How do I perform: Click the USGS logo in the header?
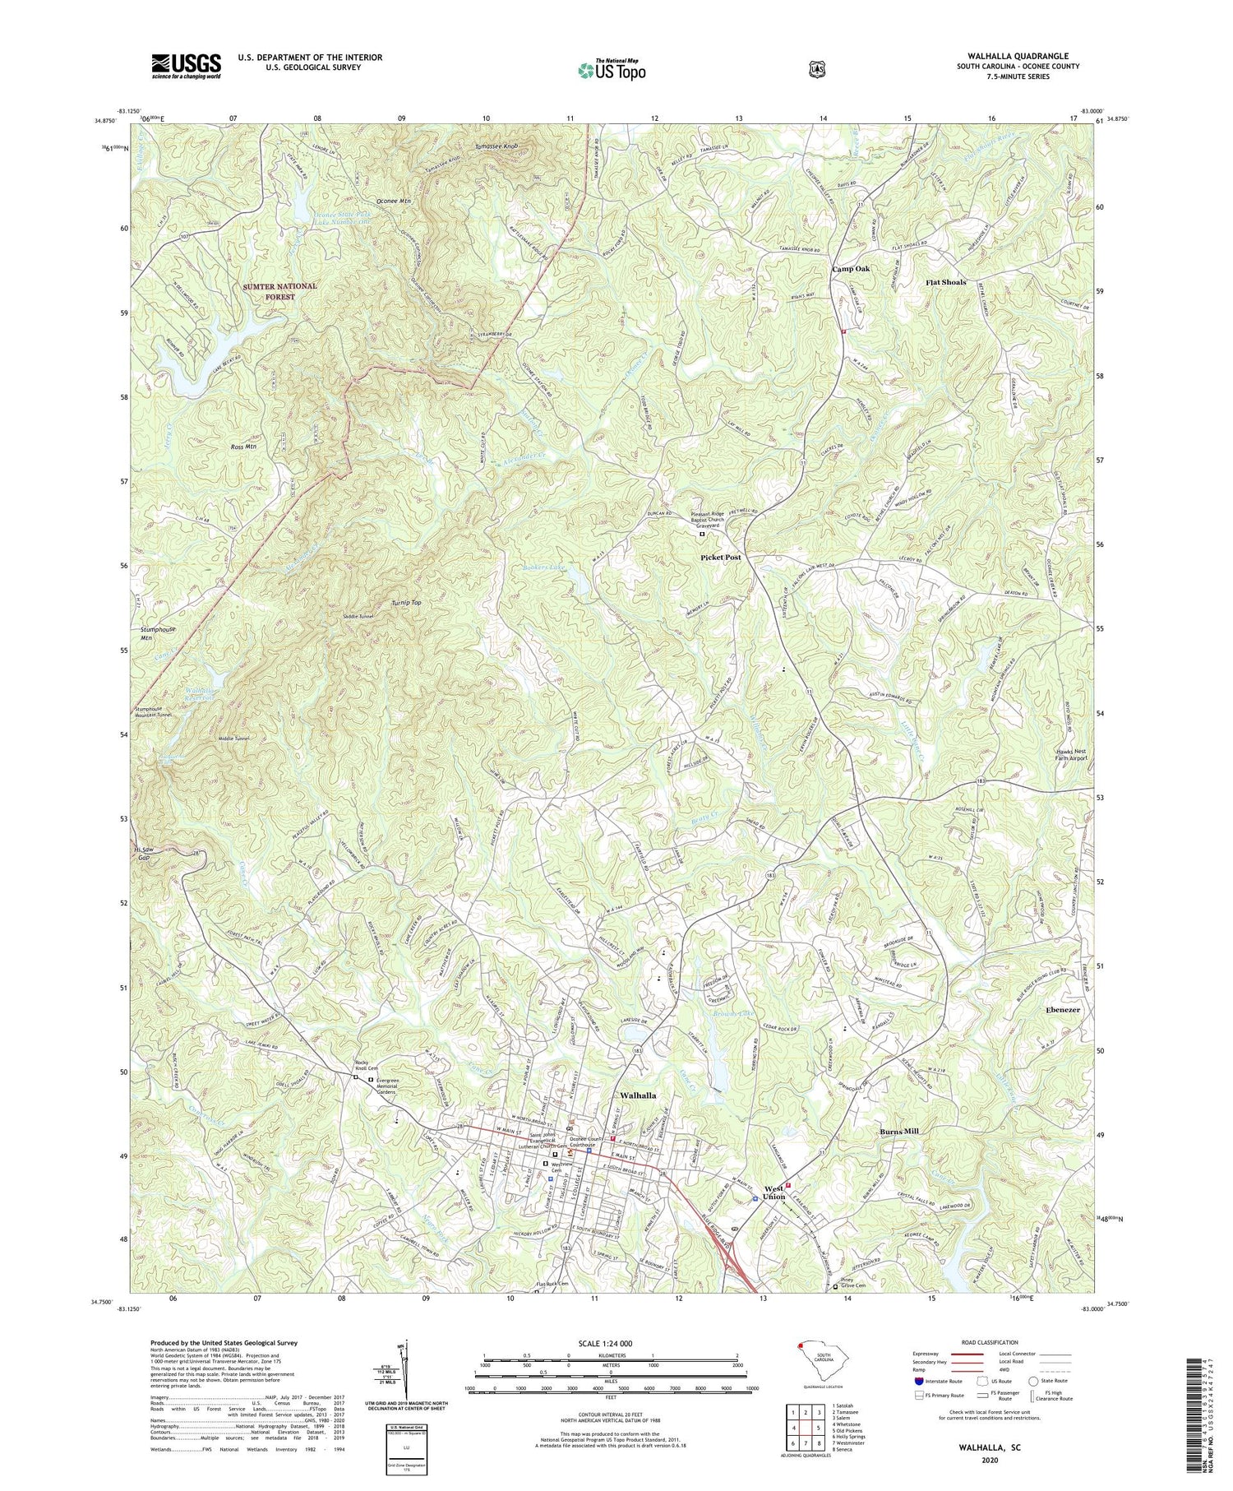[186, 66]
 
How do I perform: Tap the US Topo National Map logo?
[612, 70]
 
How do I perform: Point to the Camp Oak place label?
[851, 269]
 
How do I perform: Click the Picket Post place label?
[721, 558]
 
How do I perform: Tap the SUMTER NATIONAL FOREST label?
[279, 291]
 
